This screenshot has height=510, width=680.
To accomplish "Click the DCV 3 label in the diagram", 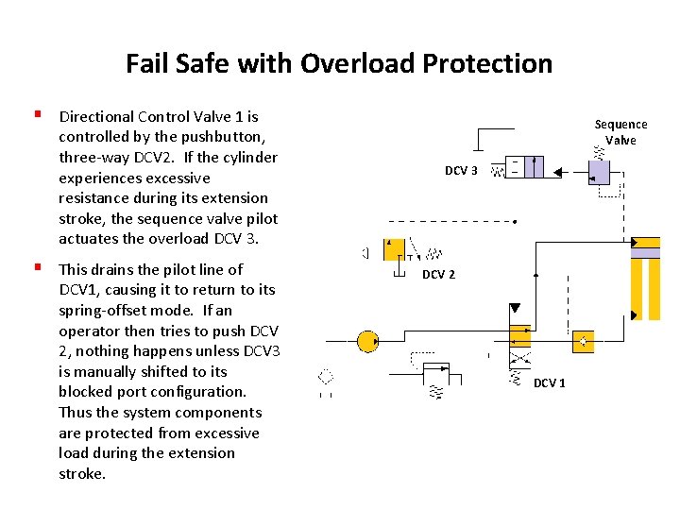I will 461,171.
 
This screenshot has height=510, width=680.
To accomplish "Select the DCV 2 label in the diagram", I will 438,275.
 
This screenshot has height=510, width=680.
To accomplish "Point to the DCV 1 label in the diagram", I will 550,382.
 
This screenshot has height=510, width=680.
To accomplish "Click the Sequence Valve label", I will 620,132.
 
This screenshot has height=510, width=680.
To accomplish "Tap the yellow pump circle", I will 367,342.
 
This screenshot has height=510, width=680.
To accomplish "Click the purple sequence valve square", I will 600,172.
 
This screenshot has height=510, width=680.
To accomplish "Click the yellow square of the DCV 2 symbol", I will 395,249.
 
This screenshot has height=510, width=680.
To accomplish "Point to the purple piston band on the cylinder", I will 646,251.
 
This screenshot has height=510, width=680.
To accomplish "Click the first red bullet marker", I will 38,116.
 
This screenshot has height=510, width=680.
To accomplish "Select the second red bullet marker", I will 38,269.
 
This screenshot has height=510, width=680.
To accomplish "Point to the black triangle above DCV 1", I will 515,309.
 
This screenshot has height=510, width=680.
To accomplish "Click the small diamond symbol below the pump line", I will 327,376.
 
